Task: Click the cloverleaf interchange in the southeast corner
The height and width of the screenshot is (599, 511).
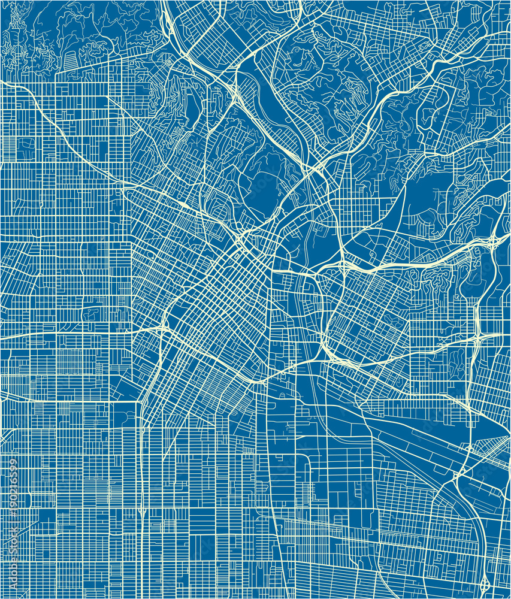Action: [x=484, y=584]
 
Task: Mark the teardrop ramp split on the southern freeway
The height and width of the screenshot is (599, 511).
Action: [x=142, y=513]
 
